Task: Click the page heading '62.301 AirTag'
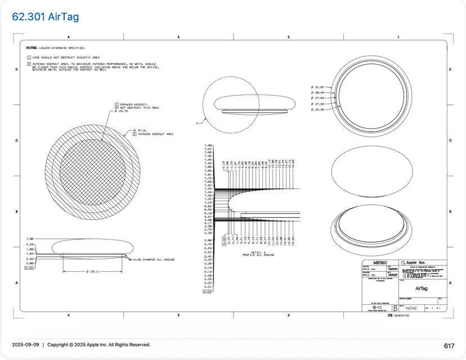46,17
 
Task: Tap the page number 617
449,346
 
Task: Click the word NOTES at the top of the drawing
32,48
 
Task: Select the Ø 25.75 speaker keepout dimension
122,111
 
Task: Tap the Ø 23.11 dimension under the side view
93,272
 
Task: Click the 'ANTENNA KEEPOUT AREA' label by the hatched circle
155,134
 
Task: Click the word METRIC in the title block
380,263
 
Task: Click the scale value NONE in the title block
411,308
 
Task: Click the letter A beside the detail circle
197,122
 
